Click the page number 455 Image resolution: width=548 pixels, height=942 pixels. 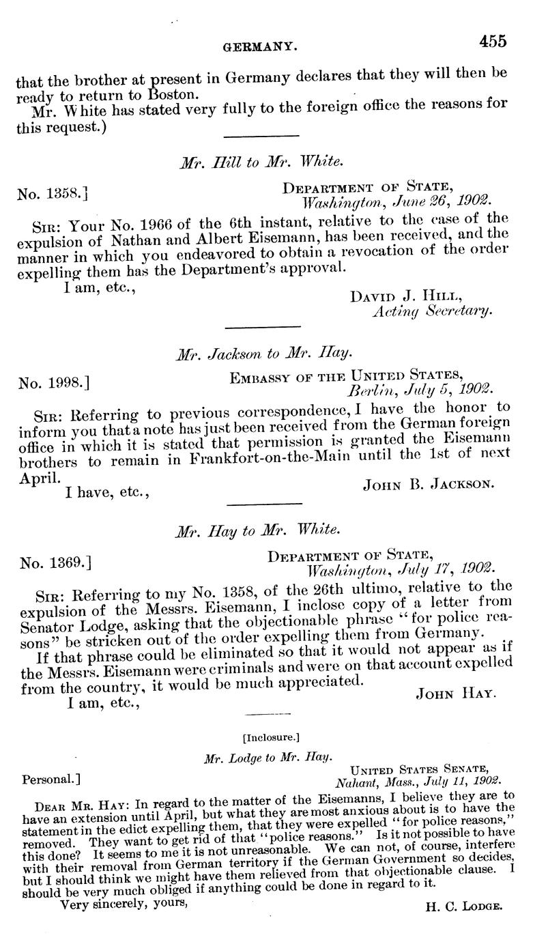coord(492,42)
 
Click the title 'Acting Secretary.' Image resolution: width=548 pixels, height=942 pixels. coord(431,311)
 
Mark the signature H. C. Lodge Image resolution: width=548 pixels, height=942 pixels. coord(463,907)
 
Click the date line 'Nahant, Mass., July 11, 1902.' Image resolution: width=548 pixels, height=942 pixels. coord(418,781)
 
